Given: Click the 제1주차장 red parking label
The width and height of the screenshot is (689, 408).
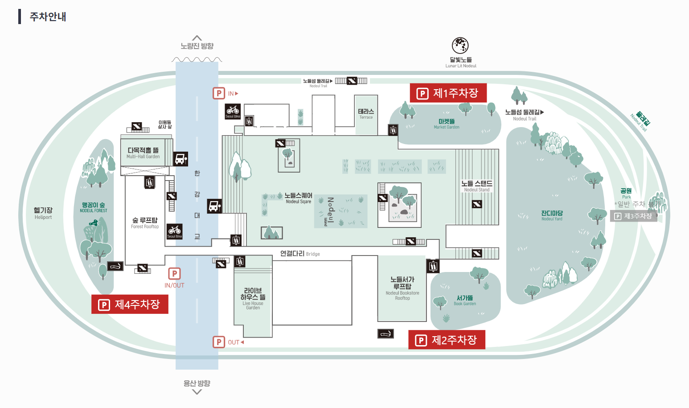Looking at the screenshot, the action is click(448, 93).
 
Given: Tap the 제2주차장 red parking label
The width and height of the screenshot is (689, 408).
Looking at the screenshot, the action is click(447, 340).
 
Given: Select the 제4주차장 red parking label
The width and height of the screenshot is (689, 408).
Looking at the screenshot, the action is click(130, 305).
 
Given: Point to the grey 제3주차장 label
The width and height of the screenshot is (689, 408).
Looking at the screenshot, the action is click(633, 216).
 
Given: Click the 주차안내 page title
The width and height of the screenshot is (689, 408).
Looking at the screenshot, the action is click(48, 16).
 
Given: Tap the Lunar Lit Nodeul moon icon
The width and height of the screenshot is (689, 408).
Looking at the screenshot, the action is click(460, 45).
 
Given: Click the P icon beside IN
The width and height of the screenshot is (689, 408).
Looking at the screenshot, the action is click(218, 93).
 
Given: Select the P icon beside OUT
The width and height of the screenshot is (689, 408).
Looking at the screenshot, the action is click(218, 342).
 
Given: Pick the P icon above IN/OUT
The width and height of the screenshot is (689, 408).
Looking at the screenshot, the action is click(174, 273).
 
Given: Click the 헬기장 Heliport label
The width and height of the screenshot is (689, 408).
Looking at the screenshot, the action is click(43, 213).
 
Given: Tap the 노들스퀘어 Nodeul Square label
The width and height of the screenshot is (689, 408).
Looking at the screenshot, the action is click(298, 198).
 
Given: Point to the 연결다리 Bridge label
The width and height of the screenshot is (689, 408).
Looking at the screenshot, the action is click(299, 254).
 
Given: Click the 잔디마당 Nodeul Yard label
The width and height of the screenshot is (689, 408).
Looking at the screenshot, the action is click(552, 215).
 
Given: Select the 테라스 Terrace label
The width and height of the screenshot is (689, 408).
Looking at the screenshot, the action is click(366, 114).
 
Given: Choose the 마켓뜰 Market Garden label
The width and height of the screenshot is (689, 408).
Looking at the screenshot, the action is click(447, 124).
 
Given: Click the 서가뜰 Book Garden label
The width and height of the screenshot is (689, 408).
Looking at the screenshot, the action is click(465, 300).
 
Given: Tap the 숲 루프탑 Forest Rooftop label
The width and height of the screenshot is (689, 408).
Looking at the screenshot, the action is click(145, 223).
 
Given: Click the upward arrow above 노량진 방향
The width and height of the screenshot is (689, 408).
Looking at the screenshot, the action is click(197, 38).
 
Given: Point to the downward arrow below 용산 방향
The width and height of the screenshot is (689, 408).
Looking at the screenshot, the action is click(197, 392).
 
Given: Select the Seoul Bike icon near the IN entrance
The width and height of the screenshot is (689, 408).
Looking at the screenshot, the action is click(233, 111).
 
